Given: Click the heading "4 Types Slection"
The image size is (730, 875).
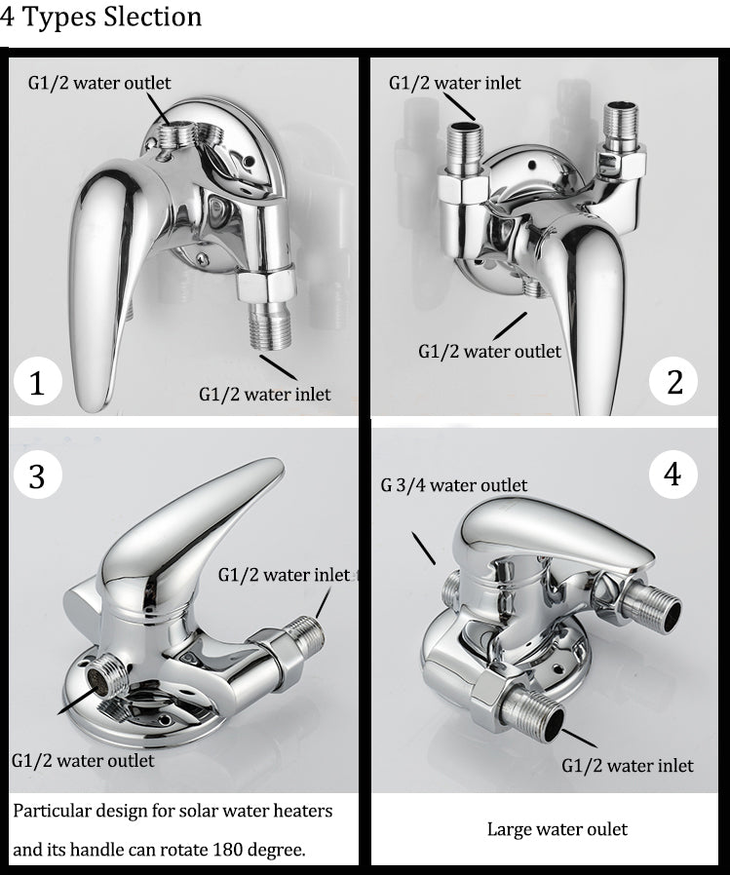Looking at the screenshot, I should point(101,18).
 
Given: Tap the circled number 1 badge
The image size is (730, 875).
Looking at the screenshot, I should point(37,382).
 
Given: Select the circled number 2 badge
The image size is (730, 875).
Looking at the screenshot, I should point(674,382).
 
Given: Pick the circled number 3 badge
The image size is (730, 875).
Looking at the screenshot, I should point(37,476).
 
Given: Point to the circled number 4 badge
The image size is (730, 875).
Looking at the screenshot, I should point(672,475).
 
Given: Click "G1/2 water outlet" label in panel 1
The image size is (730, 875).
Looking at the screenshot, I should point(97,82).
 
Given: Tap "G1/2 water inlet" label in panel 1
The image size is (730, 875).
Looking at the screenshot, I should point(264,394).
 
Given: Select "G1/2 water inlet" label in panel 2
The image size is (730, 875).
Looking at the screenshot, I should point(454,83).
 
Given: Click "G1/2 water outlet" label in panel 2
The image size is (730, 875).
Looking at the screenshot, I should point(489,351).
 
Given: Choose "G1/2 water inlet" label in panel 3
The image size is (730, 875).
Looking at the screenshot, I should point(284,575).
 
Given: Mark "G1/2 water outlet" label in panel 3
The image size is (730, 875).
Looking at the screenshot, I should point(83,759).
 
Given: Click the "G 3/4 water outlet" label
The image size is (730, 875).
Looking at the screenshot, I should point(454,485).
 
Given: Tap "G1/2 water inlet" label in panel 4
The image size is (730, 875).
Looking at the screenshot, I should point(628,765).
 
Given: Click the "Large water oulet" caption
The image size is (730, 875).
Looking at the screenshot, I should point(557,829).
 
